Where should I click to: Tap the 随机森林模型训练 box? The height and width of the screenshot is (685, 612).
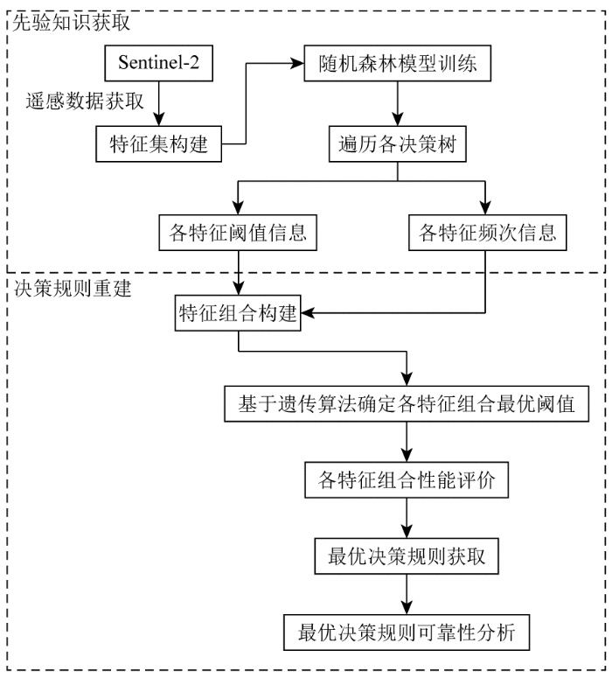click(x=398, y=65)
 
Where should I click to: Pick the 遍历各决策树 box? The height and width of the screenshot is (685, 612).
click(x=398, y=143)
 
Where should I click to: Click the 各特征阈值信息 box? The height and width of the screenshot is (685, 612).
click(x=237, y=234)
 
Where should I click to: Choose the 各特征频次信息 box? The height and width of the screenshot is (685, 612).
click(x=485, y=234)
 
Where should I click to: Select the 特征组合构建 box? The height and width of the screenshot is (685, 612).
click(x=237, y=313)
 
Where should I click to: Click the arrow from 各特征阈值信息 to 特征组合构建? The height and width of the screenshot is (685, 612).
click(x=237, y=274)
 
